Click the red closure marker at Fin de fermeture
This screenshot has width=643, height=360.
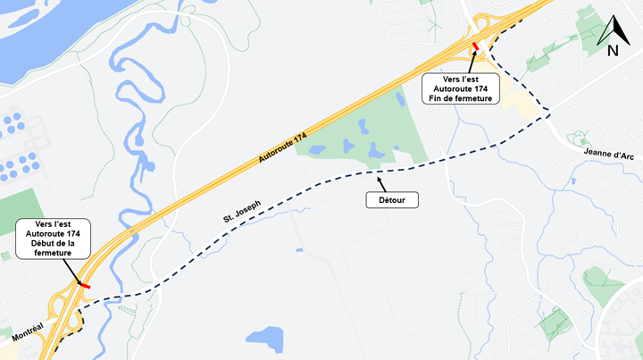pos(475,46)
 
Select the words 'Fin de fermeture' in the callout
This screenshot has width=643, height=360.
pos(461,97)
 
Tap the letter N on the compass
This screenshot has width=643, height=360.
pos(614,51)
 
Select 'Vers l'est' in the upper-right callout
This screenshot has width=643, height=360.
pos(461,78)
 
